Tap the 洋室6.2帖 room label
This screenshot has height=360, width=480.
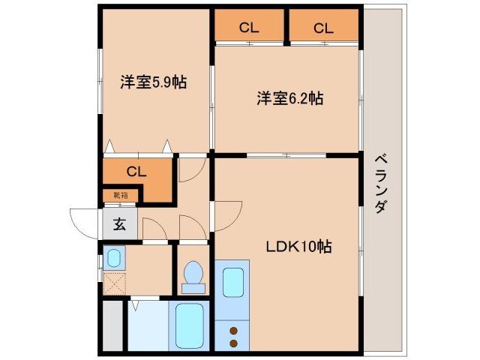pyautogui.click(x=290, y=98)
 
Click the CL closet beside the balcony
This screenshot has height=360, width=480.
pyautogui.click(x=323, y=29)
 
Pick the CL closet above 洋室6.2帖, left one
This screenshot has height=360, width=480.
pyautogui.click(x=250, y=29)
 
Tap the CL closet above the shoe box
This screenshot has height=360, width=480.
pyautogui.click(x=136, y=172)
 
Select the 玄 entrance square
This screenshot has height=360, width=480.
pyautogui.click(x=119, y=223)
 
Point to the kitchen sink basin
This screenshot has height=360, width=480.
pyautogui.click(x=235, y=283)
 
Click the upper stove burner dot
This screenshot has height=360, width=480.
pyautogui.click(x=233, y=331)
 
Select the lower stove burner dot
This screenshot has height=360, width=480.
pyautogui.click(x=233, y=343)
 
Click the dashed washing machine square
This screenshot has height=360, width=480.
pyautogui.click(x=114, y=284)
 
